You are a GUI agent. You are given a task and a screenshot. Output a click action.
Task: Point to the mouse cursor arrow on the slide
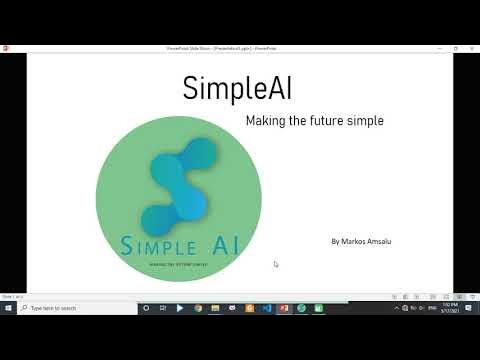coord(276,264)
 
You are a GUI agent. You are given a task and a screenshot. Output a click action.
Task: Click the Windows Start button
coord(8,308)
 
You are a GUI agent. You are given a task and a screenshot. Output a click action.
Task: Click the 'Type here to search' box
coord(70,308)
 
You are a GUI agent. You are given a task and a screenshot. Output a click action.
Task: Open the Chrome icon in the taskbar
coord(198,308)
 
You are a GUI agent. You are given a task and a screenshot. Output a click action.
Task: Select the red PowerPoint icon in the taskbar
coord(284,308)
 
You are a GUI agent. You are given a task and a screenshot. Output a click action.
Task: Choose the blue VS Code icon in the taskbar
coord(267,308)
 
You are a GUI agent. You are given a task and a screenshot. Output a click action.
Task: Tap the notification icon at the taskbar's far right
coord(472,308)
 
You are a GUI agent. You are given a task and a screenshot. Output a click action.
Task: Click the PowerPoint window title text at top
coord(222,47)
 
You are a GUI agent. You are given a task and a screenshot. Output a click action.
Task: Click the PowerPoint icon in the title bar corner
coord(5,47)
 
